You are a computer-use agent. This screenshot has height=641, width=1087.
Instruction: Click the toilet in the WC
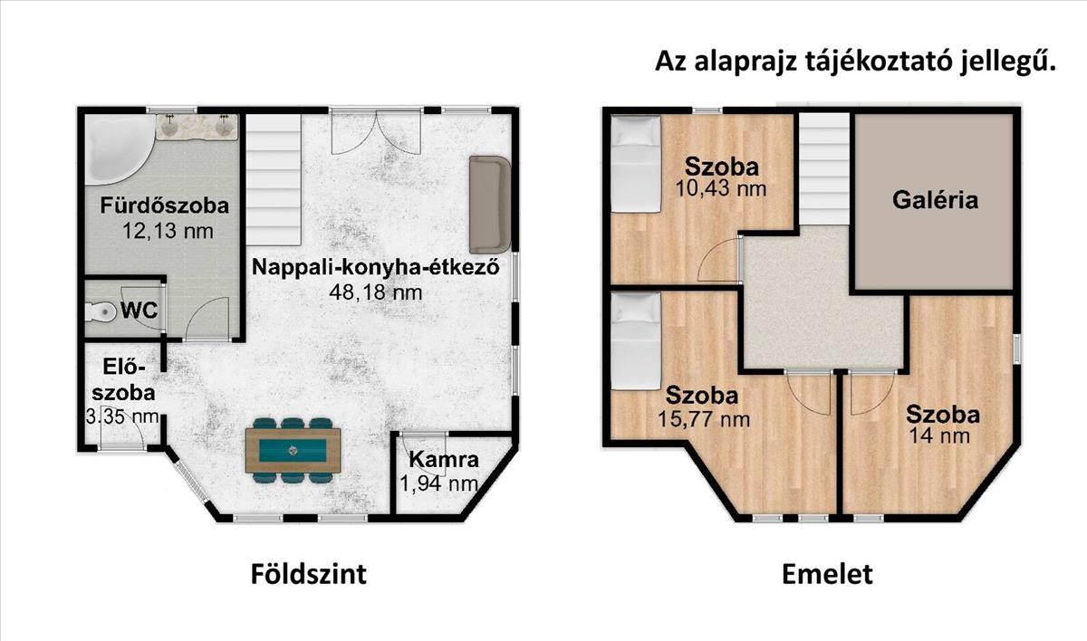click(101, 311)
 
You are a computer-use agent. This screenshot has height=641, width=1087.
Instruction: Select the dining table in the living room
click(293, 451)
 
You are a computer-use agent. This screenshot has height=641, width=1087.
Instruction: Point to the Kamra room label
click(444, 459)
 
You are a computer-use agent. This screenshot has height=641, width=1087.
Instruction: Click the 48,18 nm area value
click(376, 292)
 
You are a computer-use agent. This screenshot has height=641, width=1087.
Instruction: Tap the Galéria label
click(935, 200)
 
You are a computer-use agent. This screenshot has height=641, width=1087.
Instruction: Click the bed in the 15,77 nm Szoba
click(636, 340)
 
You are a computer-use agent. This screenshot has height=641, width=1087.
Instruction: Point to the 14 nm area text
click(939, 435)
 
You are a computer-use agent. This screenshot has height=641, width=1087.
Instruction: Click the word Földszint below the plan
click(309, 575)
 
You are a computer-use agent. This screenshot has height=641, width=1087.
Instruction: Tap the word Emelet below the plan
click(827, 575)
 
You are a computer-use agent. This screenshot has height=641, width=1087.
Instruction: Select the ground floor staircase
click(274, 179)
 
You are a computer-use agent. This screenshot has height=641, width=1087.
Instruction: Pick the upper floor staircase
click(824, 168)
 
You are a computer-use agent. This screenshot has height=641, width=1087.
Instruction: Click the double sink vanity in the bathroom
click(197, 127)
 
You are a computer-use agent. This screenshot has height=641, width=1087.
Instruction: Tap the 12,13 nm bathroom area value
click(168, 231)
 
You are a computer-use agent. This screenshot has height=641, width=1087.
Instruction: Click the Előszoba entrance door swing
click(121, 433)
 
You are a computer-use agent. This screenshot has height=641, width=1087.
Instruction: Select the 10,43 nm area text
click(721, 188)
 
